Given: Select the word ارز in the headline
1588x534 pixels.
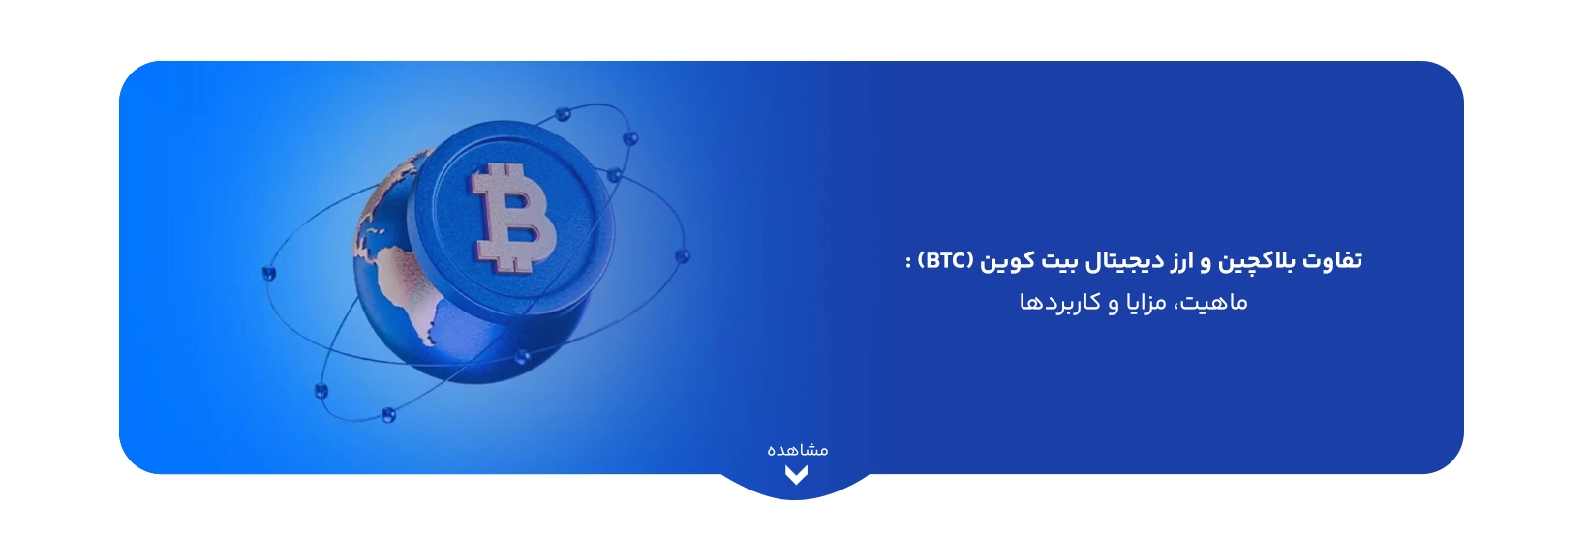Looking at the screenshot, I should pyautogui.click(x=1172, y=261).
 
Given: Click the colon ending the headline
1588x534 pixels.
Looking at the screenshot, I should pyautogui.click(x=908, y=262).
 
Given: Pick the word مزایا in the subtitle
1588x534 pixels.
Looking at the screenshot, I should pyautogui.click(x=1144, y=303).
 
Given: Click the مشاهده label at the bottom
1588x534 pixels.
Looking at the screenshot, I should pyautogui.click(x=797, y=450).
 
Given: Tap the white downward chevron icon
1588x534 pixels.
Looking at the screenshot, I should pyautogui.click(x=796, y=474).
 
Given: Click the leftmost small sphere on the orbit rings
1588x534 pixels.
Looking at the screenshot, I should pyautogui.click(x=269, y=274).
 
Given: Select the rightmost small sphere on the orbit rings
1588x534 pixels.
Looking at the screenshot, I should pyautogui.click(x=683, y=256).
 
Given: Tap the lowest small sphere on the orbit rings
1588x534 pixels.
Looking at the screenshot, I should pyautogui.click(x=388, y=414).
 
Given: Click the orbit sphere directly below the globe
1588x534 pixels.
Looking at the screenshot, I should pyautogui.click(x=522, y=356).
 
